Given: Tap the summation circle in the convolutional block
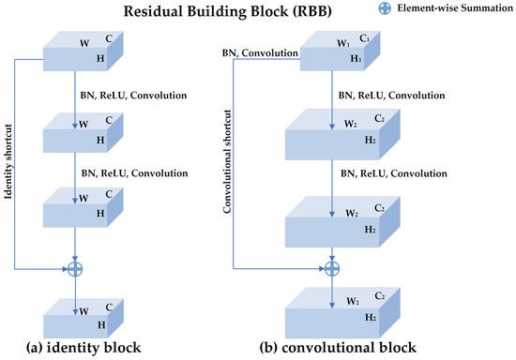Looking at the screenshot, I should coord(331,268).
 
